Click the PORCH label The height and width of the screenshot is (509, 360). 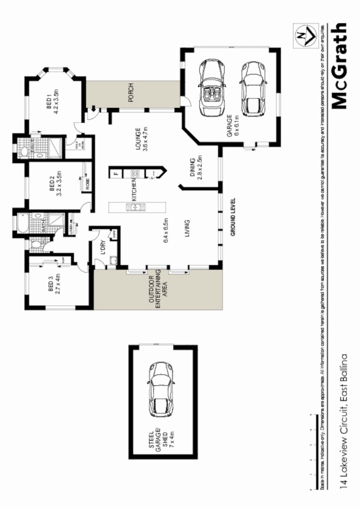point(131,96)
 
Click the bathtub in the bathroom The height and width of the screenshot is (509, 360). point(23,223)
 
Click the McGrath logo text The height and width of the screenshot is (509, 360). point(339,66)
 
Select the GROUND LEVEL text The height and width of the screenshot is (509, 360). point(232,216)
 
